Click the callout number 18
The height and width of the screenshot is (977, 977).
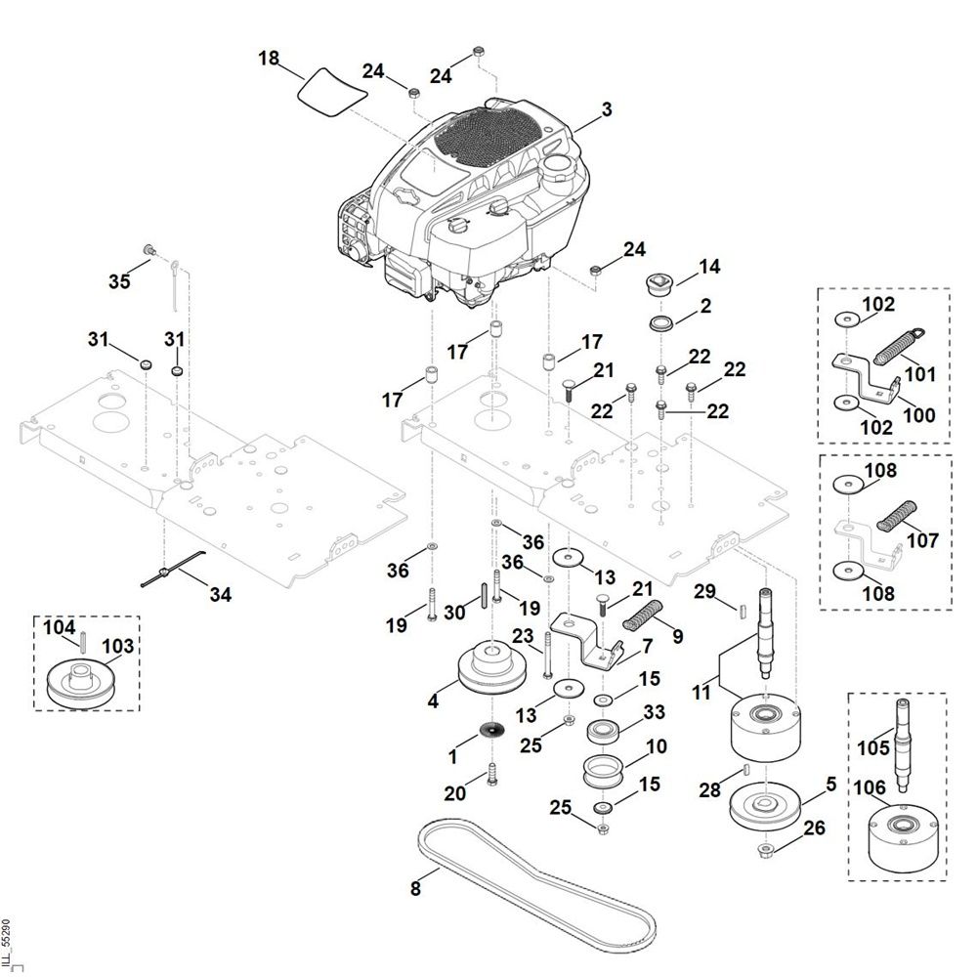point(269,59)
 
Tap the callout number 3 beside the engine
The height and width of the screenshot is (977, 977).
point(607,109)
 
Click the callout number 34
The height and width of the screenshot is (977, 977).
point(221,593)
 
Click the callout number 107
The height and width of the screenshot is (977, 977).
point(923,539)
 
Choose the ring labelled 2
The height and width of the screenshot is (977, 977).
point(662,322)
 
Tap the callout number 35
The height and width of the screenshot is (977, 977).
point(119,282)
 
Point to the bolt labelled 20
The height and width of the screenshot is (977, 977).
point(491,773)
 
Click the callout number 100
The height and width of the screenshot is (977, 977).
point(919,415)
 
